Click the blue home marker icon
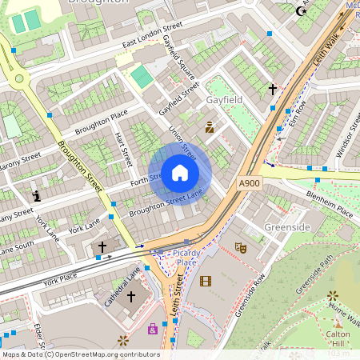180,173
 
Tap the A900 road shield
249,184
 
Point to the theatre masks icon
240,248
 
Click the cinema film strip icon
206,281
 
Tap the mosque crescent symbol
302,10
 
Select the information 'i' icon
36,195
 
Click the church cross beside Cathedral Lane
131,298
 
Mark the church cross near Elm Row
272,90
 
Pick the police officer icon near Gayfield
210,126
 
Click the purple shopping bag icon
152,328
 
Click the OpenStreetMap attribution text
80,354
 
